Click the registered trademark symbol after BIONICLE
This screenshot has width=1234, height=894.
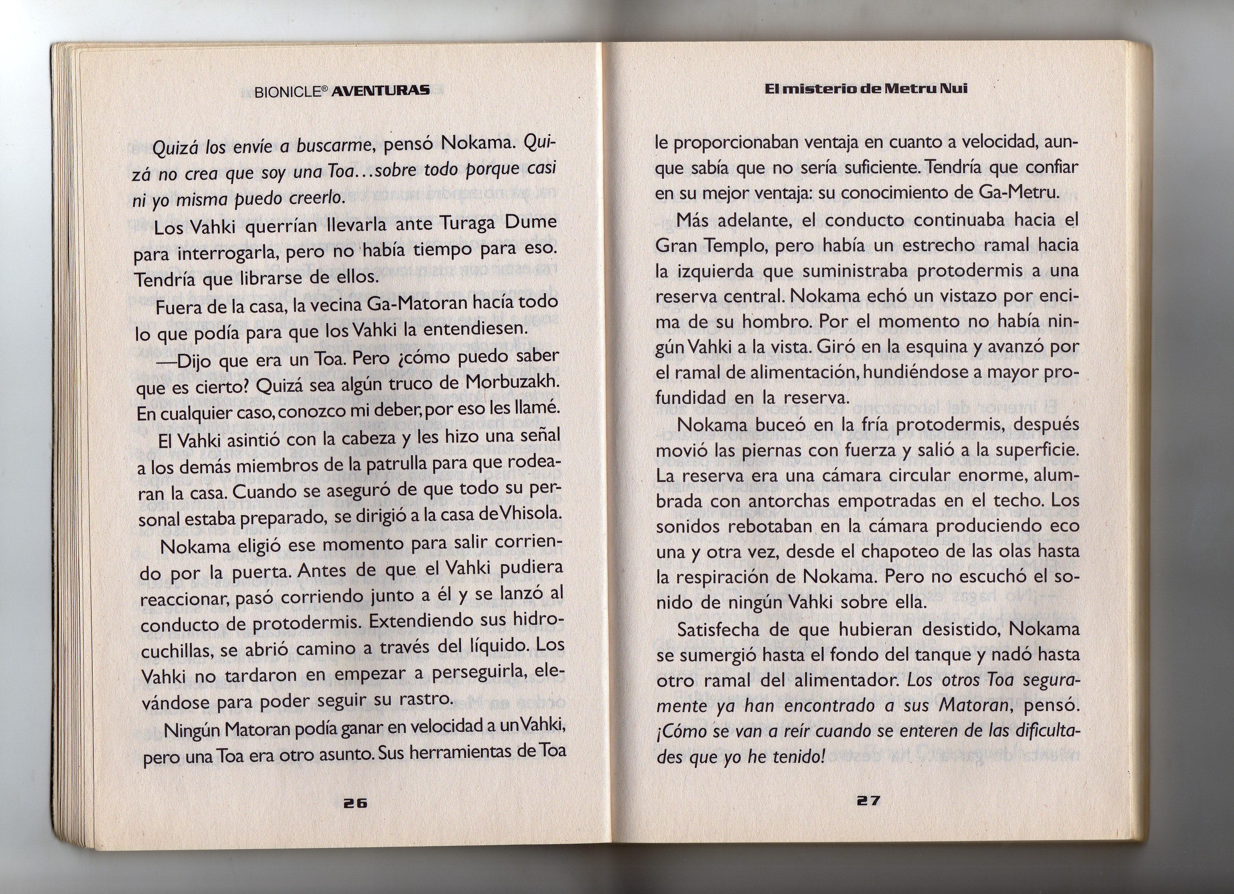(x=323, y=89)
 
